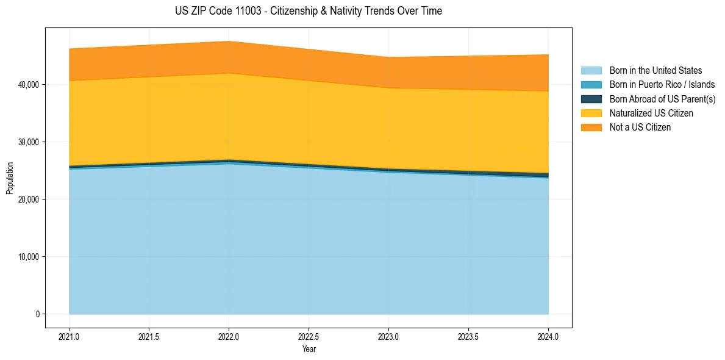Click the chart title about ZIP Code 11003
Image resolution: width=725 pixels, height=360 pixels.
309,11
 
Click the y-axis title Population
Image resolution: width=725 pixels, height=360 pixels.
10,178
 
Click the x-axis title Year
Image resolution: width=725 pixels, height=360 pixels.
309,349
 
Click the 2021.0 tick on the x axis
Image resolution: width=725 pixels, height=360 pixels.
70,336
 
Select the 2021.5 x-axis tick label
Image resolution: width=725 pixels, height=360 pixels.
149,336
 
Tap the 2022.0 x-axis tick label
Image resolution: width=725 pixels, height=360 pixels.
229,336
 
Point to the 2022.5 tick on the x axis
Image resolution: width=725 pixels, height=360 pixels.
309,336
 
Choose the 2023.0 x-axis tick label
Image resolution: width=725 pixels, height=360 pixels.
388,336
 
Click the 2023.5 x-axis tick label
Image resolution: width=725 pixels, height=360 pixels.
468,336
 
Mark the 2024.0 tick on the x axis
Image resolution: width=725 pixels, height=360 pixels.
548,336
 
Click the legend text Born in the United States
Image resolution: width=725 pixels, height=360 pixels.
655,71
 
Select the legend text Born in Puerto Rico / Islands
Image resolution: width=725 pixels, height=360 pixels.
662,85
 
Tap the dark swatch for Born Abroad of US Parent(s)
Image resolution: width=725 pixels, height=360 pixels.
591,99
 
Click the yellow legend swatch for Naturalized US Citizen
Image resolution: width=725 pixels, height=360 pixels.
591,113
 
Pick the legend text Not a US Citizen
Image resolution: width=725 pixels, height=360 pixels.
640,128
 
